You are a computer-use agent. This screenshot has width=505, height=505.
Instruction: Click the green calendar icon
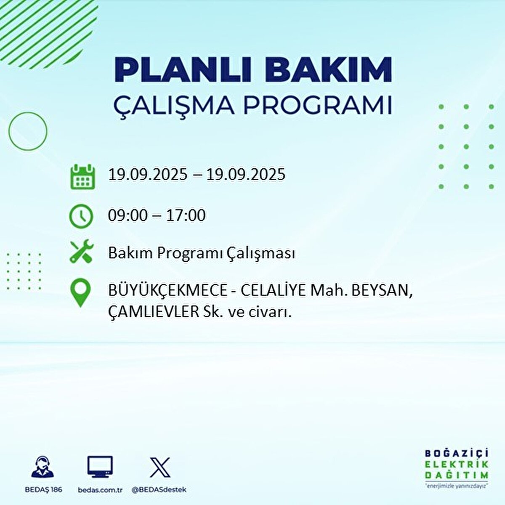pos(82,176)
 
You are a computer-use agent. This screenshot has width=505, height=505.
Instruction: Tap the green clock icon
pos(81,216)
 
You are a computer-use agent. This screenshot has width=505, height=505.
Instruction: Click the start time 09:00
pos(128,215)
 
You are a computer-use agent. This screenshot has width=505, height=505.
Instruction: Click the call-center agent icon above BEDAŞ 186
pos(43,467)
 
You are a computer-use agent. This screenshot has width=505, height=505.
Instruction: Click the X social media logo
pos(160,467)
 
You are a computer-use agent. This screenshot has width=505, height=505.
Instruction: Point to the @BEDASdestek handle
pos(159,490)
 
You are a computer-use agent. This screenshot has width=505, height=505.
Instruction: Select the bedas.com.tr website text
pos(100,490)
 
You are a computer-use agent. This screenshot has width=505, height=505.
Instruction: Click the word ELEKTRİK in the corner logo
pos(457,464)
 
